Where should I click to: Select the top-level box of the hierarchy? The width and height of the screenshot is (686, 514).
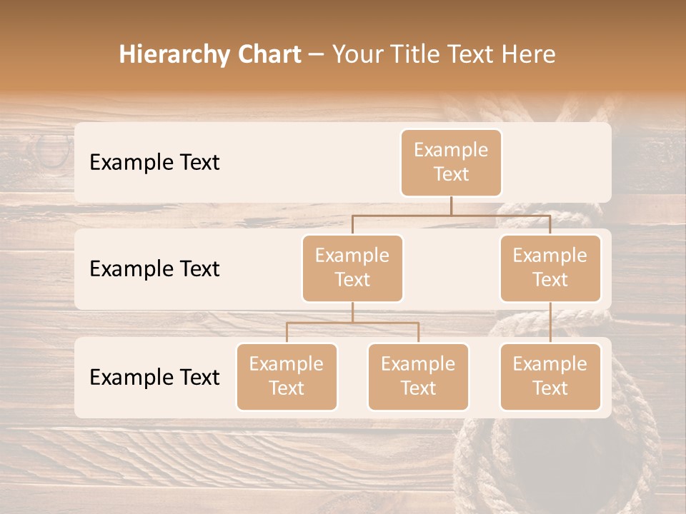[x=451, y=162]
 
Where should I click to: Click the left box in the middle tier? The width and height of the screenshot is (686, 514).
[x=352, y=268]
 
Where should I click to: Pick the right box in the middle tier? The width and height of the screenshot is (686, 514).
[x=550, y=268]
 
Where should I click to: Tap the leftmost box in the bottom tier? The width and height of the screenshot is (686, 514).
[x=287, y=376]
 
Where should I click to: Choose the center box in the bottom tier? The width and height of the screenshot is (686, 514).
[x=418, y=376]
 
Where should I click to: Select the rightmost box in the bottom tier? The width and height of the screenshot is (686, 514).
[x=550, y=376]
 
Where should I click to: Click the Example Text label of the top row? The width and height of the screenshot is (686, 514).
[x=154, y=163]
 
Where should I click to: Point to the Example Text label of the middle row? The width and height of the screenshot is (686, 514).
[x=154, y=269]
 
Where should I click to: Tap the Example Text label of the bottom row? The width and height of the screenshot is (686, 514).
[x=154, y=378]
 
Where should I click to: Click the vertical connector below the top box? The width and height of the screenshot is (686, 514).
[x=451, y=206]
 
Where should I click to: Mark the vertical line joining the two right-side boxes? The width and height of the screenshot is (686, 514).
[x=550, y=323]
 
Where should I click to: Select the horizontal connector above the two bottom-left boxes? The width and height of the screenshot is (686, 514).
[x=352, y=323]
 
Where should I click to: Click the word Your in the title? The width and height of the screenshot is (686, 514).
[x=355, y=54]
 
